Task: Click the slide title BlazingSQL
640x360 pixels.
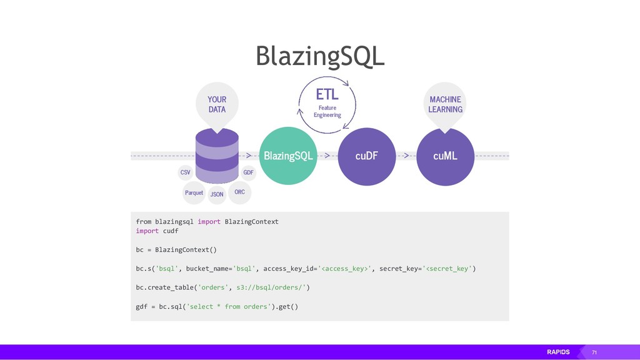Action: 319,56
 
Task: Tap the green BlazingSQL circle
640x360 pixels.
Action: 288,156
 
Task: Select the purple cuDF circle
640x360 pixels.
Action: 367,156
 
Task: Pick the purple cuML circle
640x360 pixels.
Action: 445,156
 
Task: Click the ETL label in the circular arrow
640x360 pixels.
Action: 327,94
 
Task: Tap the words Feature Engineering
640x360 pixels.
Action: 327,111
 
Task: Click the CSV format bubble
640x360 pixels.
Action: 186,172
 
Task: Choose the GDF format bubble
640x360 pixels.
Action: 248,172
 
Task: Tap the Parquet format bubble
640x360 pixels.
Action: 194,192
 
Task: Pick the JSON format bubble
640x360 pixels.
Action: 217,194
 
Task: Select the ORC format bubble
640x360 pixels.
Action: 239,192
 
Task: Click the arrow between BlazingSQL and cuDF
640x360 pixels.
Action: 327,155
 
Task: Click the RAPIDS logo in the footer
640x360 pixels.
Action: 558,352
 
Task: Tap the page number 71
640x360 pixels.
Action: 594,353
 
